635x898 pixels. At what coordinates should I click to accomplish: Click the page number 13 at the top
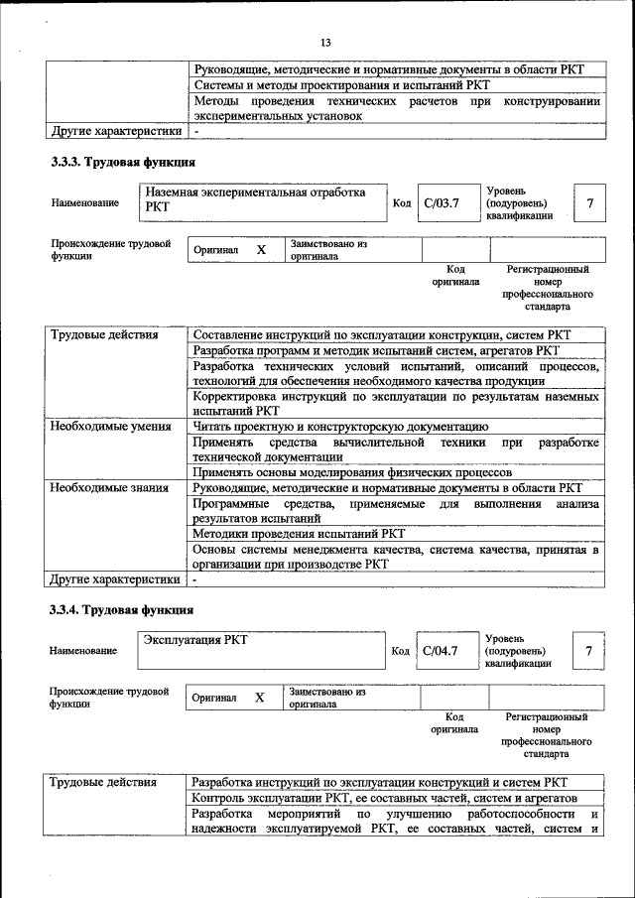pos(325,42)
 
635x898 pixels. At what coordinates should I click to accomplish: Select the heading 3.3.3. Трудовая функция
pos(123,162)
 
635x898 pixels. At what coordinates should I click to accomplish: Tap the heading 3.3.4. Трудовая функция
pos(123,609)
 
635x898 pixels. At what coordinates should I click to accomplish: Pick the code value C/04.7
pos(441,651)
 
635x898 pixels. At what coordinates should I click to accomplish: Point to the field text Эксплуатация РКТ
pos(195,640)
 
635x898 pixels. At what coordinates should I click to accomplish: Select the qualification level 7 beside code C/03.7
pos(590,203)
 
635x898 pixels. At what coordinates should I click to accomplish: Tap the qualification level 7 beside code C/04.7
pos(589,651)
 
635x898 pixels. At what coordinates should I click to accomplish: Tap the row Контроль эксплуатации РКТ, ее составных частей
pos(383,798)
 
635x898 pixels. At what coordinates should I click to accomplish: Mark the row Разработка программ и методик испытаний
pos(376,350)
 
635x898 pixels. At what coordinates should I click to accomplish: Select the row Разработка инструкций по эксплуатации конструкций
pos(380,782)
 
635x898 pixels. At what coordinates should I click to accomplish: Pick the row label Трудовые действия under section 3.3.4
pos(103,782)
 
